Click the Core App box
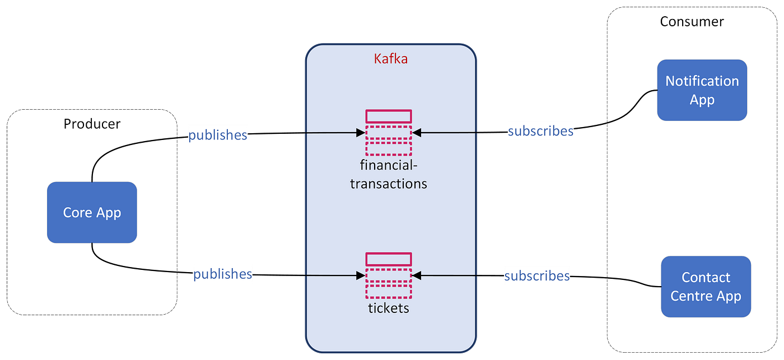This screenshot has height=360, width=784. (x=92, y=212)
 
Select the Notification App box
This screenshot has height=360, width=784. (x=702, y=90)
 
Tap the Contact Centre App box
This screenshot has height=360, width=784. (x=706, y=286)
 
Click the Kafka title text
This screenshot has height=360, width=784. (x=390, y=58)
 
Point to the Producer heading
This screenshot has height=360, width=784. (x=92, y=124)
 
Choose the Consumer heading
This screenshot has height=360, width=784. (x=692, y=22)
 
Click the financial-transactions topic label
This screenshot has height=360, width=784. (x=389, y=175)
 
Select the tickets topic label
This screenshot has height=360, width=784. (x=389, y=308)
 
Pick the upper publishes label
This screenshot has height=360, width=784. (x=217, y=135)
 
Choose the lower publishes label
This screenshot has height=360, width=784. (x=222, y=274)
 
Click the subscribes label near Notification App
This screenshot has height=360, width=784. (x=540, y=131)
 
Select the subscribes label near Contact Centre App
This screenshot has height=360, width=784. (x=537, y=276)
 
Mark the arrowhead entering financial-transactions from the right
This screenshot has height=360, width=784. (x=417, y=133)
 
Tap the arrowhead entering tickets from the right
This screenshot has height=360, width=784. (x=417, y=275)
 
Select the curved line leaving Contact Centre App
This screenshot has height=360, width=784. (x=636, y=280)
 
